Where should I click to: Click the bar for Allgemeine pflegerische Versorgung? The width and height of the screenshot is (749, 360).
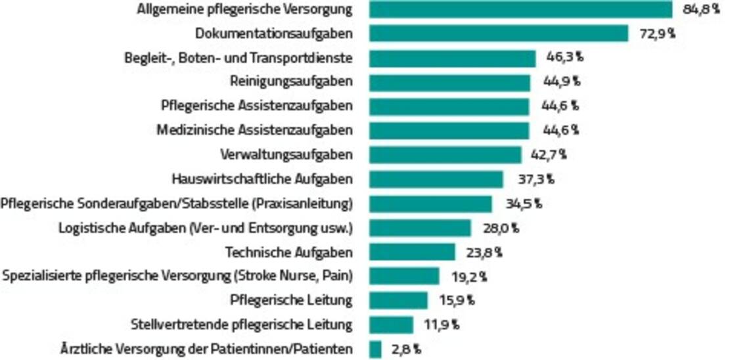(x=520, y=10)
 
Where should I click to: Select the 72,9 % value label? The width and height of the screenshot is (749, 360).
(x=657, y=34)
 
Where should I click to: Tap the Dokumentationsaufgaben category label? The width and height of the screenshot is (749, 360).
(x=274, y=34)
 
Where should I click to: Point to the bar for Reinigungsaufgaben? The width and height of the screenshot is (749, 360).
(x=449, y=82)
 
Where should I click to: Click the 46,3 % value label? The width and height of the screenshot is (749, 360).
(x=564, y=58)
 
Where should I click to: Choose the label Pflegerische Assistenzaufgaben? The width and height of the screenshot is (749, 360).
(x=257, y=106)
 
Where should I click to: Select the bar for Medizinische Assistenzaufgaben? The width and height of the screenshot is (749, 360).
(x=449, y=130)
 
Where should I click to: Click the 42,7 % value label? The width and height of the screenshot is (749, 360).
(x=548, y=155)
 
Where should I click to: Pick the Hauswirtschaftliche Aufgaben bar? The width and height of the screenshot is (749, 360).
(x=436, y=179)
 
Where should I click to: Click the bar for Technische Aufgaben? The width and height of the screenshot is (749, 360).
(x=412, y=252)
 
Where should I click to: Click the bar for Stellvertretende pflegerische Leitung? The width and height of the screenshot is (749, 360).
(x=391, y=325)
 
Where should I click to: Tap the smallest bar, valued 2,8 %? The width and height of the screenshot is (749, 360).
(x=375, y=349)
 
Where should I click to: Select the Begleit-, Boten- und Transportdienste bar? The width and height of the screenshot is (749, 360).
(x=452, y=58)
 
